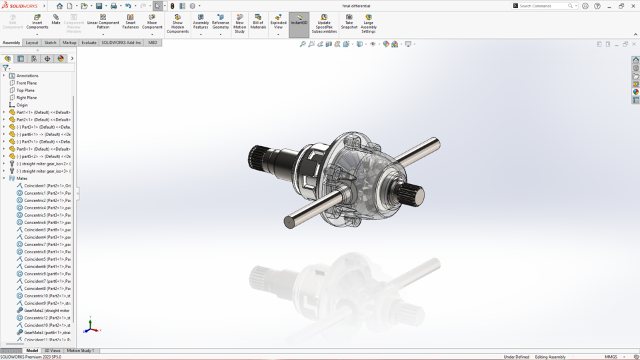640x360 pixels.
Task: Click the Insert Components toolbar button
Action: [37, 21]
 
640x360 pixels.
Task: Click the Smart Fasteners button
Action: [130, 21]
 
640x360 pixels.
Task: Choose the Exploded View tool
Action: [279, 21]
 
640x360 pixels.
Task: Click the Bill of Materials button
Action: [258, 21]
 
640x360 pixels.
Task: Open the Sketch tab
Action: [50, 43]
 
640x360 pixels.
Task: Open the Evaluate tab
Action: [89, 43]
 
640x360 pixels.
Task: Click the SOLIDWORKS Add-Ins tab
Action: [121, 43]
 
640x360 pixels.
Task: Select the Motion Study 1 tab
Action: [80, 351]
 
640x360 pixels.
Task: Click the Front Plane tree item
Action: [27, 83]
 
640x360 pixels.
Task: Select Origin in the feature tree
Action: [22, 105]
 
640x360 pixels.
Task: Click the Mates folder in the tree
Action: [22, 178]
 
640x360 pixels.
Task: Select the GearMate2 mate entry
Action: [46, 310]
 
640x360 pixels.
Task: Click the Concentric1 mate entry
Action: [46, 193]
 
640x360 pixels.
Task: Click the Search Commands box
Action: [542, 6]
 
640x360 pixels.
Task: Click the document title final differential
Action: [355, 6]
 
